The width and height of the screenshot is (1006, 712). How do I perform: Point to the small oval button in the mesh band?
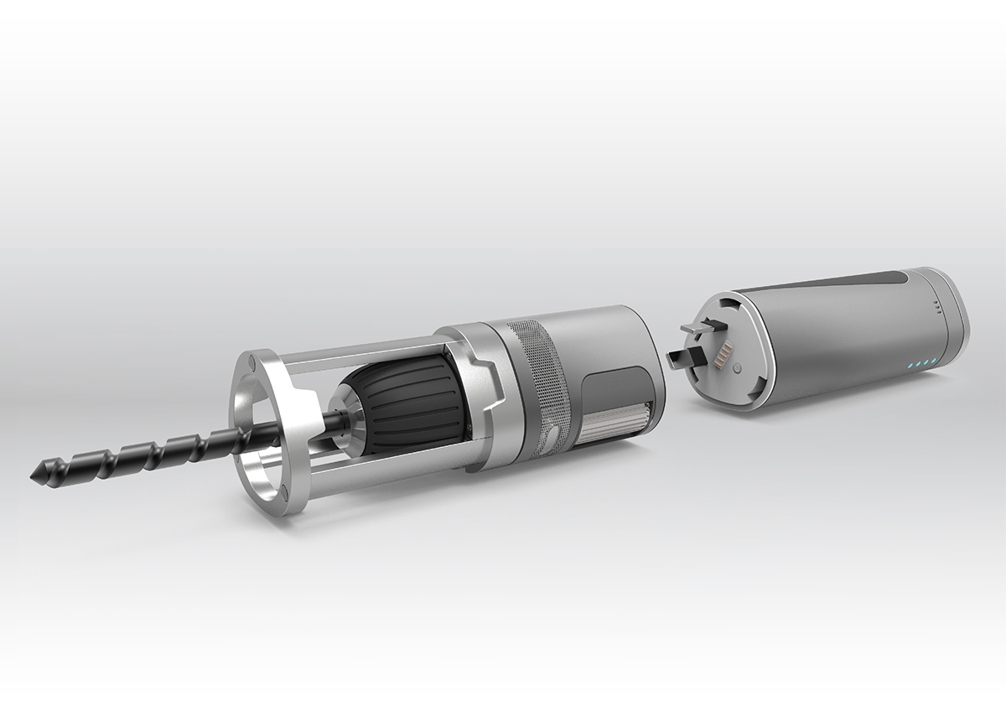pyautogui.click(x=552, y=434)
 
